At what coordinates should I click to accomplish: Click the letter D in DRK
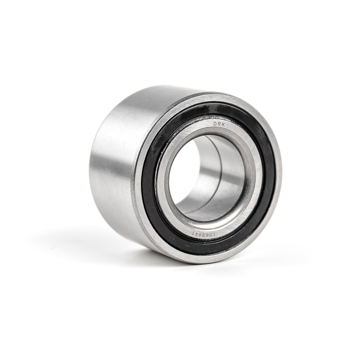click(x=215, y=124)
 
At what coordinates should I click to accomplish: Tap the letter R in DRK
click(x=219, y=124)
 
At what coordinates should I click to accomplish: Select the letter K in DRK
click(x=223, y=124)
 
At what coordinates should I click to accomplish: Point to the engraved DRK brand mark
click(x=219, y=124)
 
